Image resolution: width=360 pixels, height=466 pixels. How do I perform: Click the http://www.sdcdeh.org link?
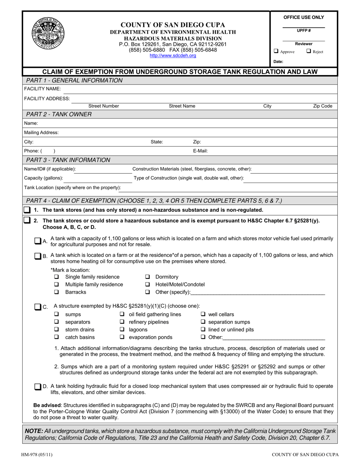173,55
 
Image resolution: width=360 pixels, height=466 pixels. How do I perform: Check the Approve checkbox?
276,52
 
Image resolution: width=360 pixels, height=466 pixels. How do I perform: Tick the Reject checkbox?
308,52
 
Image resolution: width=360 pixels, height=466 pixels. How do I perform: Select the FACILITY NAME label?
40,89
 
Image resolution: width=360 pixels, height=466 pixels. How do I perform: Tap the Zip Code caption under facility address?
322,106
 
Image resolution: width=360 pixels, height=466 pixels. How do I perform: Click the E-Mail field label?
200,150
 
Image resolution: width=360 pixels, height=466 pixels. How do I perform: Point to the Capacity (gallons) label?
44,178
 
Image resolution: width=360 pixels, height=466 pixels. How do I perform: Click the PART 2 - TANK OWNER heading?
58,114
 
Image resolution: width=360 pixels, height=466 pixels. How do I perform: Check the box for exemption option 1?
27,210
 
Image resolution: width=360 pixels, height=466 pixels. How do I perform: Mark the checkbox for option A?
38,241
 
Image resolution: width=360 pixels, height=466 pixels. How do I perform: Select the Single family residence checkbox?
56,277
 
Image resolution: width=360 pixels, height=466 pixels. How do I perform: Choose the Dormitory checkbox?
147,277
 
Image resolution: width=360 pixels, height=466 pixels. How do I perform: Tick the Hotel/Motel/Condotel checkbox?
147,285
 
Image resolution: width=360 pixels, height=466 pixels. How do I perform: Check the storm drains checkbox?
56,330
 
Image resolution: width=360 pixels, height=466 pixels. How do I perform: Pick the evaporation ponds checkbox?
122,337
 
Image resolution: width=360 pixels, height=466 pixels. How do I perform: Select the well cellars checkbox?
203,314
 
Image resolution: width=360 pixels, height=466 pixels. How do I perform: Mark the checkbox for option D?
38,387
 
